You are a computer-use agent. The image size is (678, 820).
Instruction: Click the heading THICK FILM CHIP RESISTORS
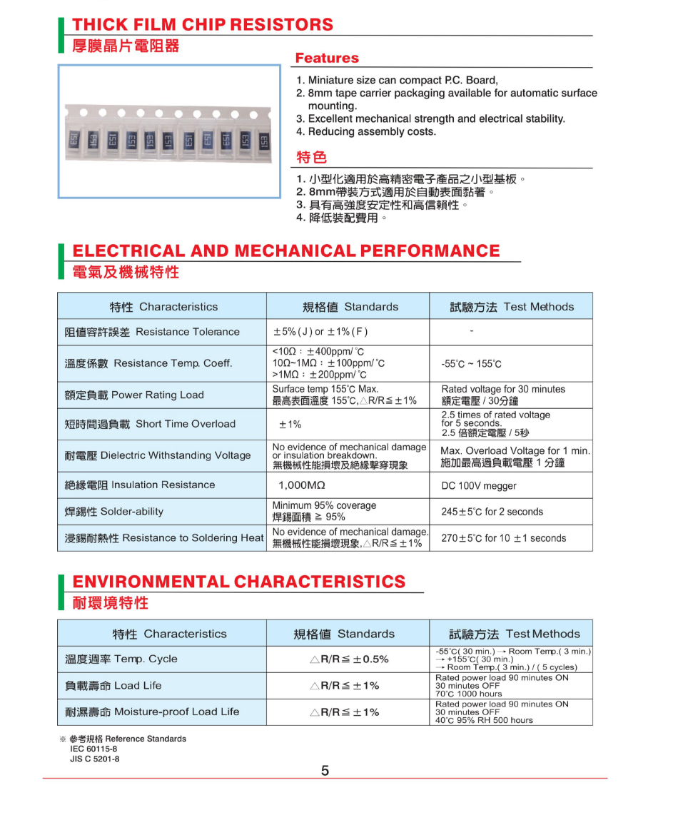pos(203,25)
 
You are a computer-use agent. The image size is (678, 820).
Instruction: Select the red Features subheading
pos(327,59)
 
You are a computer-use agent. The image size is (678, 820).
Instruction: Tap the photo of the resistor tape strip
pos(169,131)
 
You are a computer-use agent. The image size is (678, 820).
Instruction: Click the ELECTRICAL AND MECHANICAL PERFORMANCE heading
pos(286,251)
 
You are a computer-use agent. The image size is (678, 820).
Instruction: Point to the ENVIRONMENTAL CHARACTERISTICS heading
pos(238,582)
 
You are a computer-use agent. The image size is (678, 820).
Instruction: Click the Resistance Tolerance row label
pos(152,332)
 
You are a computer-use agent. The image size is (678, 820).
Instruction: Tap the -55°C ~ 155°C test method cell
pos(471,364)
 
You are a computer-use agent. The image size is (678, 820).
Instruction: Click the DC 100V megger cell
pos(478,486)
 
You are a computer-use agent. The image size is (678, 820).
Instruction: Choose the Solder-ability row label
pos(114,512)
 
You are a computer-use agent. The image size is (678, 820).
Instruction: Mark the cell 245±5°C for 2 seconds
pos(492,512)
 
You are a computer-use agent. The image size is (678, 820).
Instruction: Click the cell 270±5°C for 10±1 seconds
pos(503,538)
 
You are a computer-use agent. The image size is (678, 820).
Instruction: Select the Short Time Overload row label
pos(150,424)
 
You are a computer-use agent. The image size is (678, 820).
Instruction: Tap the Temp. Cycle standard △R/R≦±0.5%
pos(349,659)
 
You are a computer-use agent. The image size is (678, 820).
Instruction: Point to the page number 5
pos(325,771)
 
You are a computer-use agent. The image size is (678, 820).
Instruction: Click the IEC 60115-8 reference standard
pos(93,749)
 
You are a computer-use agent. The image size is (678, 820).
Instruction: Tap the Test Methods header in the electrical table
pos(511,307)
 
